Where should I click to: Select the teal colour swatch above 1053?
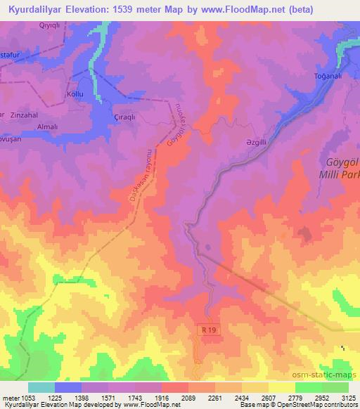(x=41, y=387)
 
